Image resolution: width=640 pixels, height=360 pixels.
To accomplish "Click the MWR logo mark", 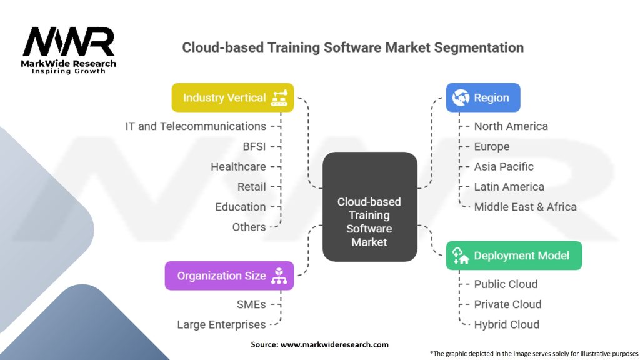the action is [69, 42].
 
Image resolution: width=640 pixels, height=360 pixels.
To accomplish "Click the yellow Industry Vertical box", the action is [232, 97].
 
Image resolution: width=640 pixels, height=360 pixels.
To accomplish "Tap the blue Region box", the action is [483, 97].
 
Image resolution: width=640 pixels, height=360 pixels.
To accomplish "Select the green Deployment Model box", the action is [514, 256].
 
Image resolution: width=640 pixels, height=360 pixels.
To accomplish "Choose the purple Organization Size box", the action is [229, 276].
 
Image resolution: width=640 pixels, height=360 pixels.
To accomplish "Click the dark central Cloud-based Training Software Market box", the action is [370, 207].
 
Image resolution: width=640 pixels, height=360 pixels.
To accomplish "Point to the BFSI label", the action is [254, 146].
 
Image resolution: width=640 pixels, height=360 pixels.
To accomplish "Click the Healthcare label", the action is [238, 166].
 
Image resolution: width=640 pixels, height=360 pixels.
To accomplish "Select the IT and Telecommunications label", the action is [196, 126].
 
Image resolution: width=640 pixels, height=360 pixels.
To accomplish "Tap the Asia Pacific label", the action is [504, 166].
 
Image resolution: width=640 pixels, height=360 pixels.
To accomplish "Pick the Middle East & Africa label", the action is [525, 207].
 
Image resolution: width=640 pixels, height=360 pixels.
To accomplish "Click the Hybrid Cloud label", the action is [506, 324].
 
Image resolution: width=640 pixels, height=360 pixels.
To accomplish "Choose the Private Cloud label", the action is [507, 304].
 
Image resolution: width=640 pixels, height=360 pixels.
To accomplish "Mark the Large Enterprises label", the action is [221, 324].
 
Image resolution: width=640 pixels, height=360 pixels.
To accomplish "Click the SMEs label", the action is [251, 304].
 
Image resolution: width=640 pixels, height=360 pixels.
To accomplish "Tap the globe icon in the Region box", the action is [461, 97].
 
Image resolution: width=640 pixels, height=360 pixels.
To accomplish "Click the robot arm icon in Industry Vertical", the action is [279, 97].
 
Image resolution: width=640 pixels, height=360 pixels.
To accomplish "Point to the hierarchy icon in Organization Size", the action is [279, 276].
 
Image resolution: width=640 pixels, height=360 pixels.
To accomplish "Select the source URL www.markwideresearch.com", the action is [334, 344].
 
